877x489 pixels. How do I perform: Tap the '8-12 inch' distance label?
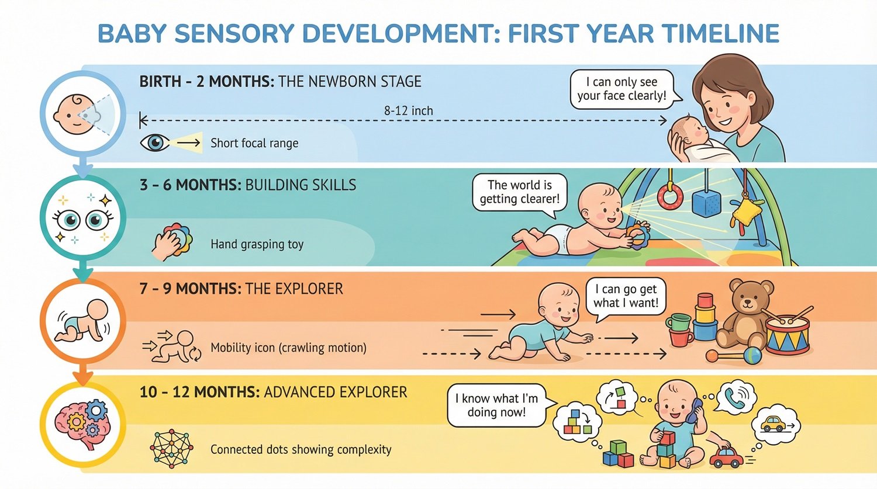[x=408, y=110]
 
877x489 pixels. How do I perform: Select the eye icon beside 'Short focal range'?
[x=154, y=143]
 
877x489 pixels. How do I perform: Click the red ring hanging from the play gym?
[x=670, y=196]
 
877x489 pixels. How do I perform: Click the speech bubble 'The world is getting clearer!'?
[x=519, y=192]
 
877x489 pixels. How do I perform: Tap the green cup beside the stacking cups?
[x=678, y=322]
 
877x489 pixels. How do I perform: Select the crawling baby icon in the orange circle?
[x=82, y=321]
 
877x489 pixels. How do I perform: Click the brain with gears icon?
[x=82, y=424]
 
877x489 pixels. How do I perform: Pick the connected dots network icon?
[x=171, y=449]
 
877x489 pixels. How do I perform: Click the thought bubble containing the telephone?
[x=736, y=398]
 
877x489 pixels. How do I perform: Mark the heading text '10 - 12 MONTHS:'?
[x=199, y=392]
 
